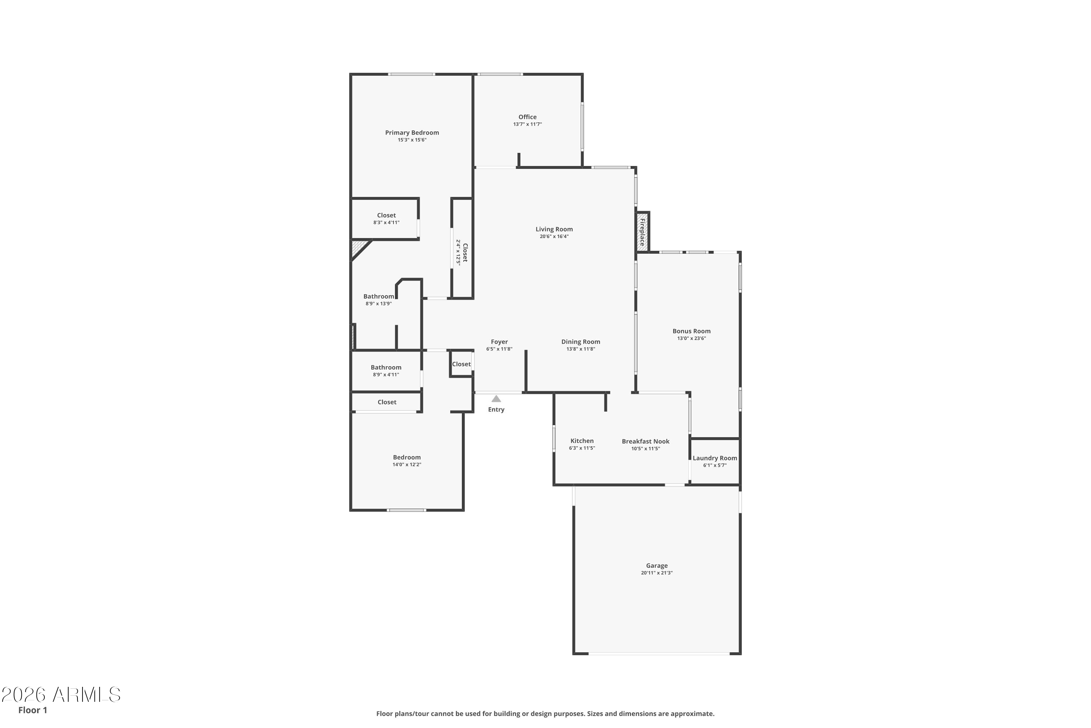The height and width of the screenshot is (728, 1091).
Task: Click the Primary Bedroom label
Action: pos(412,133)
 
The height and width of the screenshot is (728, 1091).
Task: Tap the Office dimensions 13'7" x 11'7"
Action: pos(527,124)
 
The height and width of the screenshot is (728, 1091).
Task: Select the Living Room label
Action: pos(554,229)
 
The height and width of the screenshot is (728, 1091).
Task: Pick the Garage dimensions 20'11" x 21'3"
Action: pos(657,573)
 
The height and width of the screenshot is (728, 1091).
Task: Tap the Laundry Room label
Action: pos(715,458)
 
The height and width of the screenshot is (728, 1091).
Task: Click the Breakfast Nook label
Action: pos(646,442)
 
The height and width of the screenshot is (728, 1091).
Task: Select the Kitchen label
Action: pos(582,441)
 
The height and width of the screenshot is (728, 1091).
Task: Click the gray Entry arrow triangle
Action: pos(496,399)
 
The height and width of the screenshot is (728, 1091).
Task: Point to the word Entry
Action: pos(496,409)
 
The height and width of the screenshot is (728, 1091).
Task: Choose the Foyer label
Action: pos(500,342)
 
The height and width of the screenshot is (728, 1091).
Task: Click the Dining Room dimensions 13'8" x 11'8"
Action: pos(581,349)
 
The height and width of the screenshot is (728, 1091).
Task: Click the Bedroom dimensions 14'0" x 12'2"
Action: pos(407,465)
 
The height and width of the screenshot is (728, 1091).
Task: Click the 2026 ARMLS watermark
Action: pos(61,695)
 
